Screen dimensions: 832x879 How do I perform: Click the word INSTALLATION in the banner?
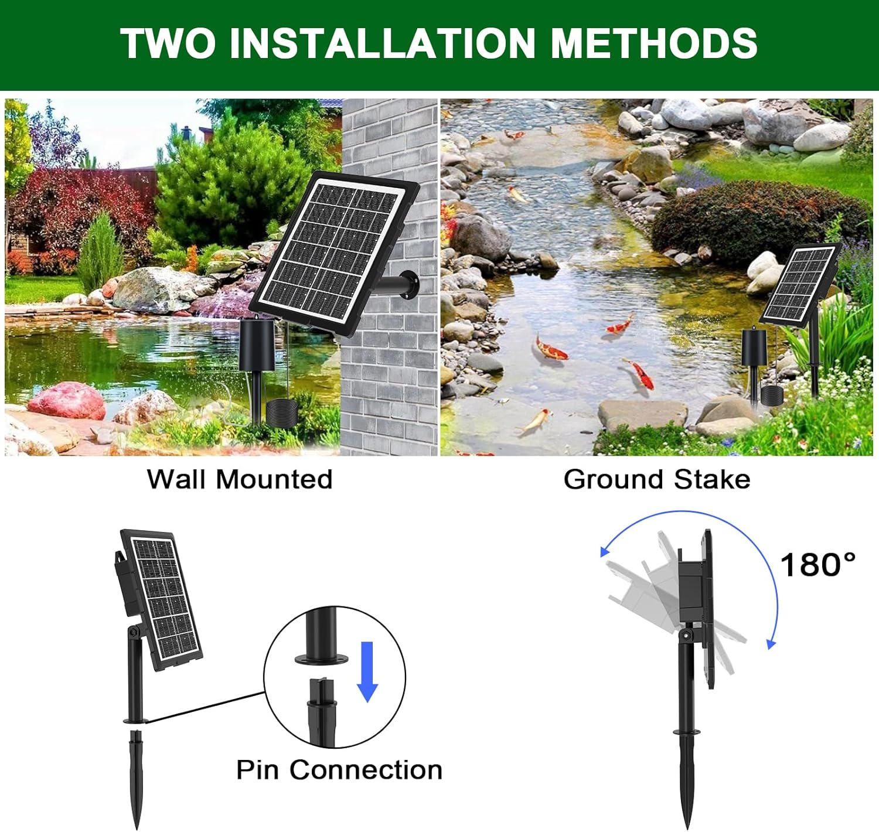(x=382, y=43)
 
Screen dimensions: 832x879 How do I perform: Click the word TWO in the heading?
(x=168, y=43)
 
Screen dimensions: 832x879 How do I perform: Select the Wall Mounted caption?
(x=240, y=479)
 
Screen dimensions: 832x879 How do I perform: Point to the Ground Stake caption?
(x=657, y=479)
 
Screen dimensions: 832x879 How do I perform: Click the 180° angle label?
(x=817, y=565)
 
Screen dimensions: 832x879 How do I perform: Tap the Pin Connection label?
(x=339, y=770)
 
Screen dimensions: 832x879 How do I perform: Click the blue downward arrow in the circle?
(x=367, y=671)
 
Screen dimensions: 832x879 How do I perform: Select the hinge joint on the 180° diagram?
(x=685, y=635)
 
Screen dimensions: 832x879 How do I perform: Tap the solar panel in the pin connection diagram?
(x=161, y=598)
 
